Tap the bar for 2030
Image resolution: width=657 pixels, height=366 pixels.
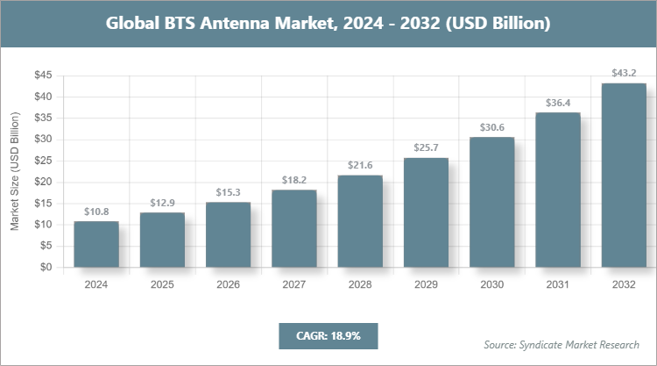[x=491, y=202]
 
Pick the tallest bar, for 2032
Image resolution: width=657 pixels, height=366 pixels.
[x=623, y=176]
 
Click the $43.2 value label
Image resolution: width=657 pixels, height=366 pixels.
[x=623, y=73]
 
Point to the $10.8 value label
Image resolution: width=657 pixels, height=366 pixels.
[x=96, y=212]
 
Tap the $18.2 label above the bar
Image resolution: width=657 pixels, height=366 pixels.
[x=293, y=180]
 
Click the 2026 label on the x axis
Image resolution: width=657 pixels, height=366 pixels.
[x=228, y=285]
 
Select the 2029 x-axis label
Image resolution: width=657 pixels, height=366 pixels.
[x=426, y=285]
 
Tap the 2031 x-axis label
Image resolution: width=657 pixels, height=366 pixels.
[x=557, y=285]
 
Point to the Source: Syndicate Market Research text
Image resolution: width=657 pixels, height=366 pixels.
[x=562, y=344]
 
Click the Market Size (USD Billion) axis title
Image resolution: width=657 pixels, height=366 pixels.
[x=15, y=171]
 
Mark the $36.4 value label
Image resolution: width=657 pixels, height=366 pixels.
[x=557, y=102]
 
